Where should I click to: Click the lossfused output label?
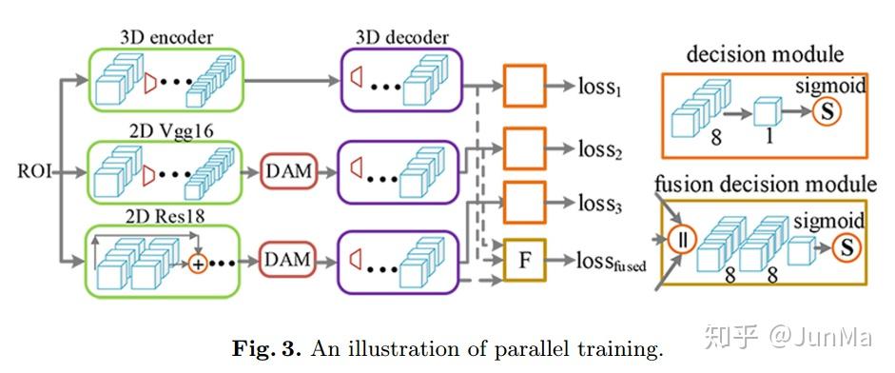[610, 261]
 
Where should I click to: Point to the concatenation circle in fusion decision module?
[681, 237]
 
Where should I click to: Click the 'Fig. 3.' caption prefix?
[263, 348]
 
